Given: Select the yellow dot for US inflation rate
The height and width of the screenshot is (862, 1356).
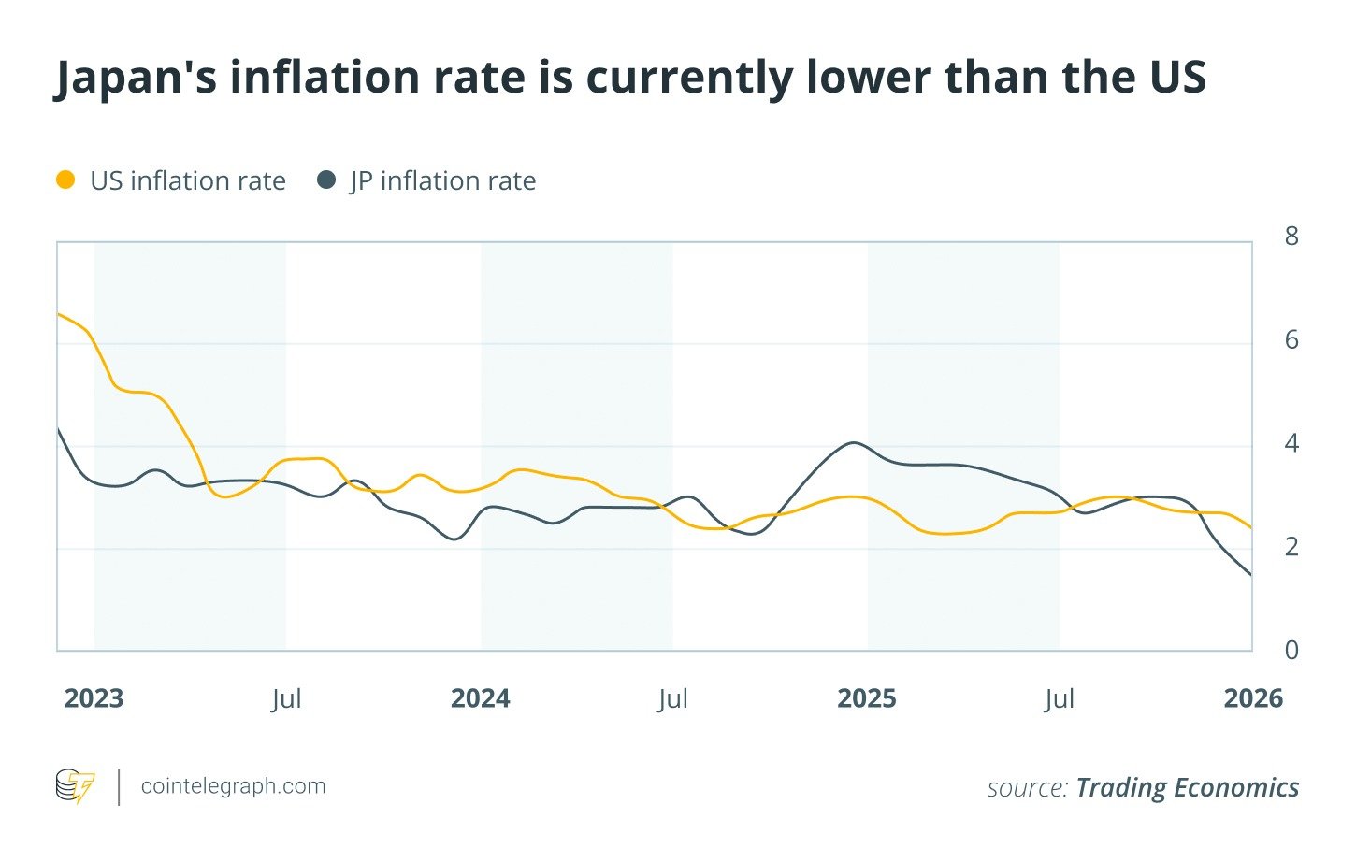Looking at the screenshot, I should pyautogui.click(x=65, y=180).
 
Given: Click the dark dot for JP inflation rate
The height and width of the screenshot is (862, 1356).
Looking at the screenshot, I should pyautogui.click(x=326, y=180).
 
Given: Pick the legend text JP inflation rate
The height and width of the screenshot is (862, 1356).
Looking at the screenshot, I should pyautogui.click(x=442, y=180).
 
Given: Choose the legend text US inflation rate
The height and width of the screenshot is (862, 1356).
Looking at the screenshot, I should pyautogui.click(x=188, y=180).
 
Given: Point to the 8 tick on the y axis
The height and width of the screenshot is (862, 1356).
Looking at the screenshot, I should pyautogui.click(x=1291, y=237).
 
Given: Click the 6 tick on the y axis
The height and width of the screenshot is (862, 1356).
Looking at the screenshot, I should pyautogui.click(x=1291, y=339).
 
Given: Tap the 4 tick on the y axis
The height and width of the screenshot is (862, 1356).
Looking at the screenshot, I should pyautogui.click(x=1291, y=443).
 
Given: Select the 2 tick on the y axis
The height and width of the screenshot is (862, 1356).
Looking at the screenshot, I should pyautogui.click(x=1291, y=546).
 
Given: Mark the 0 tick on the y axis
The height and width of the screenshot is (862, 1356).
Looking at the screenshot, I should pyautogui.click(x=1291, y=650).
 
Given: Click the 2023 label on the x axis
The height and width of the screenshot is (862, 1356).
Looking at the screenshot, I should pyautogui.click(x=94, y=698).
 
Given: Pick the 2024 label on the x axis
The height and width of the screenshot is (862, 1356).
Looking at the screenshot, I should pyautogui.click(x=481, y=698).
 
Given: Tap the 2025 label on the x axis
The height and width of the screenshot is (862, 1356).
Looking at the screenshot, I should pyautogui.click(x=867, y=698).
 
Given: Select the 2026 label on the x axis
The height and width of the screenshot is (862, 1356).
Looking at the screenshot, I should pyautogui.click(x=1253, y=698).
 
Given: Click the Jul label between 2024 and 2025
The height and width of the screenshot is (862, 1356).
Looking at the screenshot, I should pyautogui.click(x=673, y=698).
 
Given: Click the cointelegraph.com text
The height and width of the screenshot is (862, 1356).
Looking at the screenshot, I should pyautogui.click(x=233, y=786).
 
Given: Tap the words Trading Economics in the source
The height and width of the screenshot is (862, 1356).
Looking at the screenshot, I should pyautogui.click(x=1187, y=787).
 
